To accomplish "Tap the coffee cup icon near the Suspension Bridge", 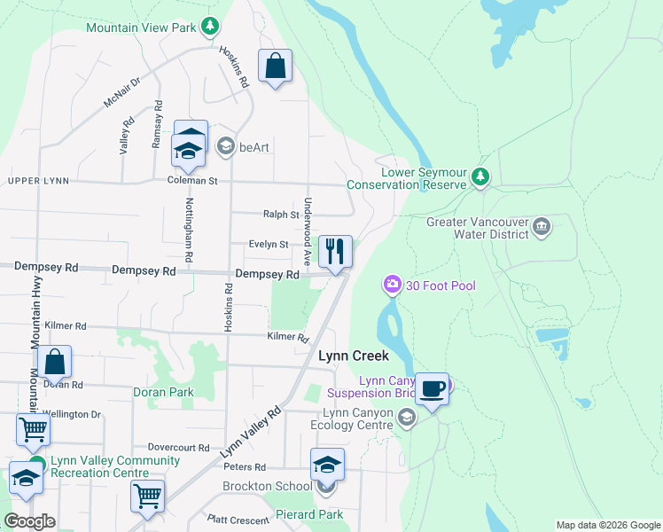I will coord(432,389).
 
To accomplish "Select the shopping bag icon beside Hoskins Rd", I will coord(275,66).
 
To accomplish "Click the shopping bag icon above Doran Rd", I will coord(54,362).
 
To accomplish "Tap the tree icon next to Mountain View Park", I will coord(209,27).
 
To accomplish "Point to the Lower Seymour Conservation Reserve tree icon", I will coord(480,177).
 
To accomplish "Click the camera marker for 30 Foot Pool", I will coord(391,285).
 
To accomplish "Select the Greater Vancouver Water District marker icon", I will coord(542,228).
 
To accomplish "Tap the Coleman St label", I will coord(192,180).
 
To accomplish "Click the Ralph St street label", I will coord(281,215).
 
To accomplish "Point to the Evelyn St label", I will coord(269,244).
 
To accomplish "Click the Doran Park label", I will coord(163,391).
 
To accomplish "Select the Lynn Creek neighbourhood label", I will coord(354,356).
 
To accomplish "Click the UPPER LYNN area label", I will coord(38,181).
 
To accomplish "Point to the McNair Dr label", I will coord(122,92).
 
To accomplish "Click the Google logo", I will coord(29,521).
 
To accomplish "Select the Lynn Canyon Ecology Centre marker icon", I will coord(407,417).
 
